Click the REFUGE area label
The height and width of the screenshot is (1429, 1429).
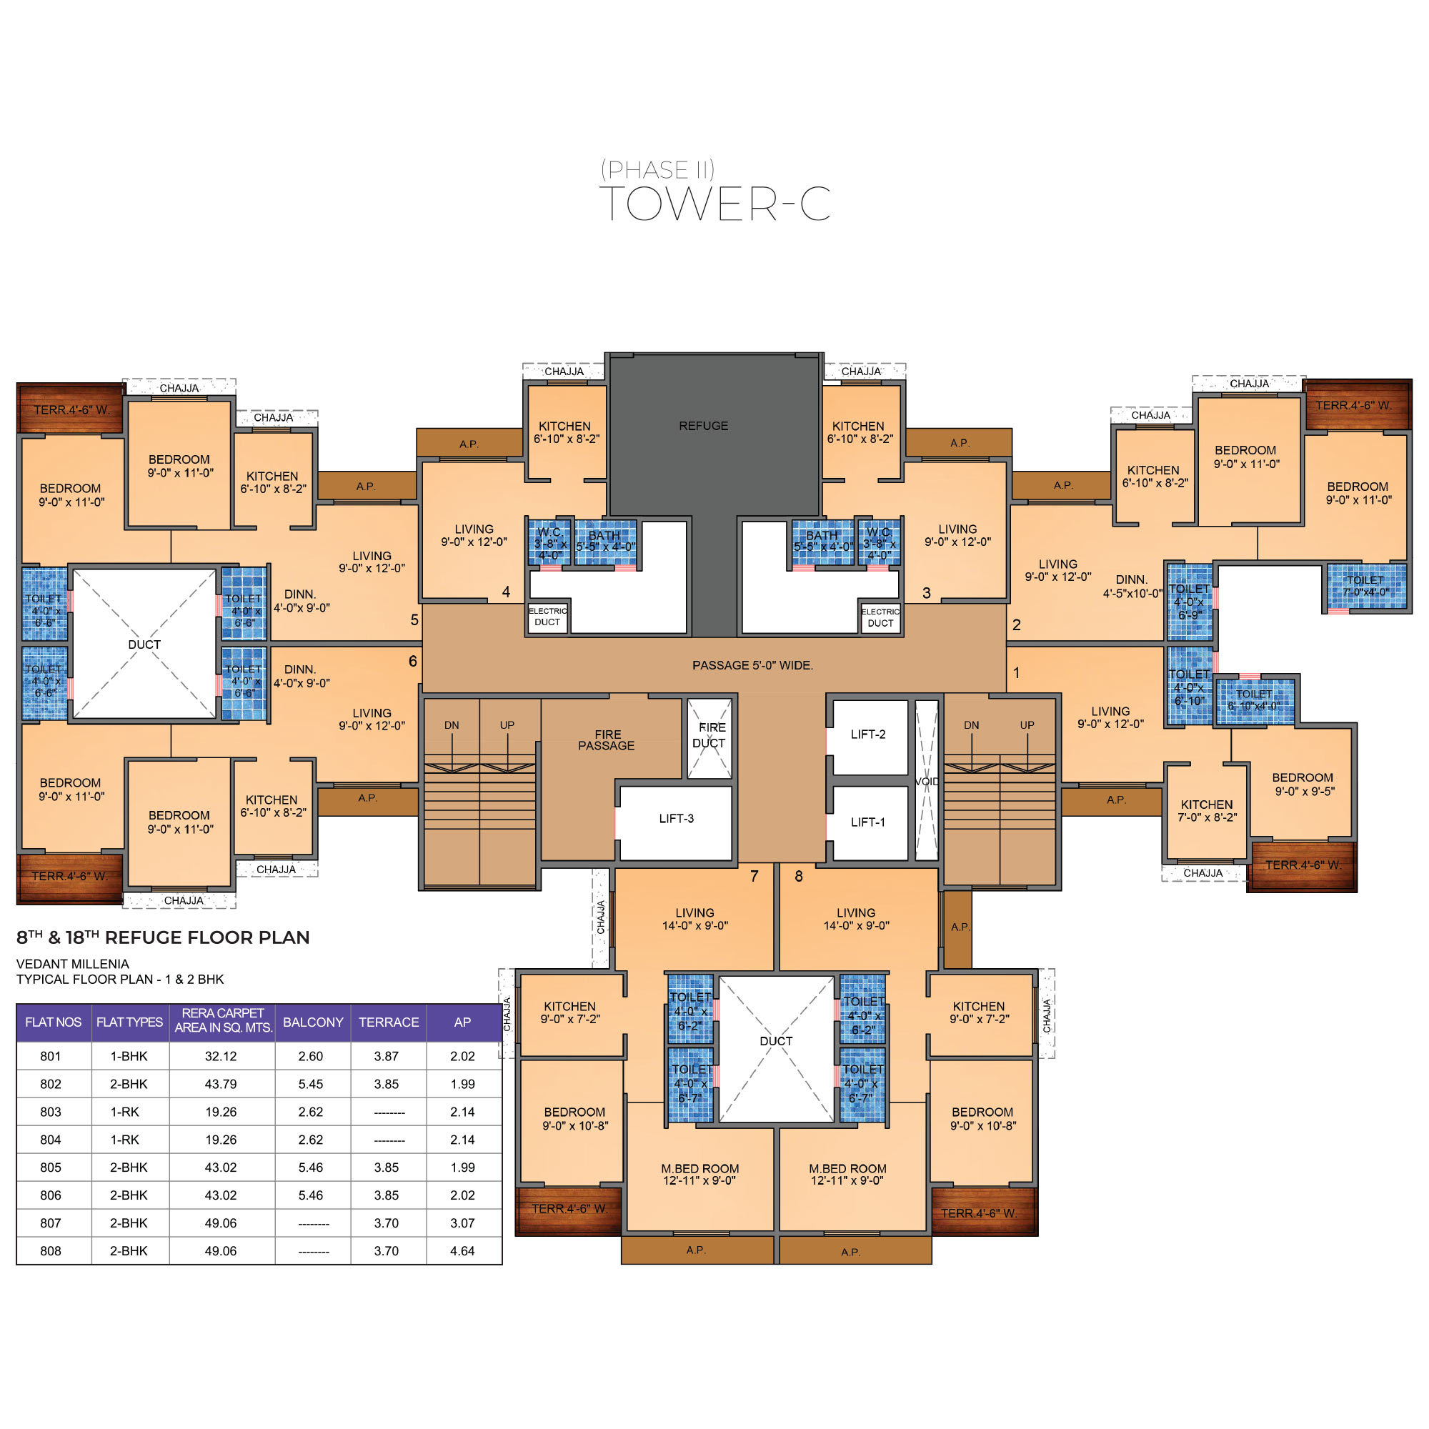pyautogui.click(x=703, y=426)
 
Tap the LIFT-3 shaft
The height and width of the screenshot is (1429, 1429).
pyautogui.click(x=675, y=822)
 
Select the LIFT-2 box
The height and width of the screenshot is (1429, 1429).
pyautogui.click(x=869, y=737)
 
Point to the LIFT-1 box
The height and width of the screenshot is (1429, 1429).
pyautogui.click(x=869, y=822)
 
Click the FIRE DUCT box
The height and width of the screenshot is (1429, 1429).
pyautogui.click(x=709, y=738)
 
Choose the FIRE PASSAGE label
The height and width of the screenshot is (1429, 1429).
pyautogui.click(x=607, y=740)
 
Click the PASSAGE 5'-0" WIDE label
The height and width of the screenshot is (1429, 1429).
pyautogui.click(x=752, y=666)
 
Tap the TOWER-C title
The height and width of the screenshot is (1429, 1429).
pyautogui.click(x=714, y=204)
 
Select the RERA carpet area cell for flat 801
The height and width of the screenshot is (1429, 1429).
pyautogui.click(x=220, y=1056)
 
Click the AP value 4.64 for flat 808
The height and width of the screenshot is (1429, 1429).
pyautogui.click(x=462, y=1251)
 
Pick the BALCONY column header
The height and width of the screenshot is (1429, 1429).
pyautogui.click(x=313, y=1022)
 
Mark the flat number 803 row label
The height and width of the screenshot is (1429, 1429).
pyautogui.click(x=50, y=1112)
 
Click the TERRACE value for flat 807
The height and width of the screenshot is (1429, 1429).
pyautogui.click(x=386, y=1223)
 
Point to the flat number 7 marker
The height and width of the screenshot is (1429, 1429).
pyautogui.click(x=755, y=877)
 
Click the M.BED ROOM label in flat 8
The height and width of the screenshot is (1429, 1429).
pyautogui.click(x=847, y=1175)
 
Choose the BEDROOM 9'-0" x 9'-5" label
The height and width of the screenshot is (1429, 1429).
pyautogui.click(x=1303, y=784)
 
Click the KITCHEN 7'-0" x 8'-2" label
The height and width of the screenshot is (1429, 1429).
pyautogui.click(x=1207, y=811)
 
